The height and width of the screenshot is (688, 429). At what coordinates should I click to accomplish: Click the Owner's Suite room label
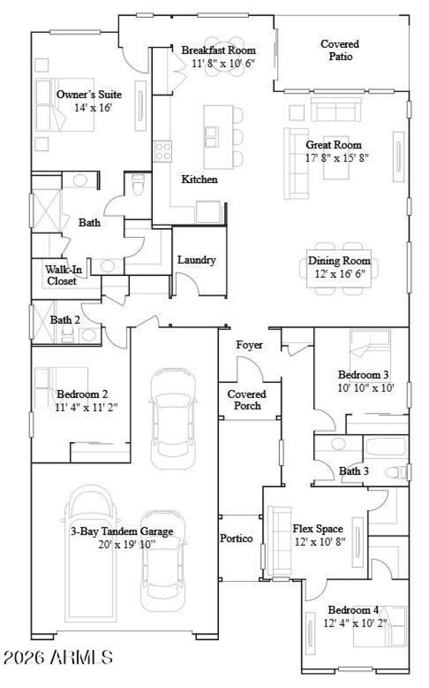pyautogui.click(x=89, y=95)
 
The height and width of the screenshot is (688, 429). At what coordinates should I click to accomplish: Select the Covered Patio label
pyautogui.click(x=340, y=50)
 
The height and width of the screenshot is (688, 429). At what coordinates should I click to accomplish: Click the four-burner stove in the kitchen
pyautogui.click(x=162, y=151)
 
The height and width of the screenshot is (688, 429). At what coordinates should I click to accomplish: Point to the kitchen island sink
pyautogui.click(x=211, y=137)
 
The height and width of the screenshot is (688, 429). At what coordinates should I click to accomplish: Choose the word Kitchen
pyautogui.click(x=199, y=179)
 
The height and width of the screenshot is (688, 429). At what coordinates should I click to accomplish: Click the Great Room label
pyautogui.click(x=334, y=145)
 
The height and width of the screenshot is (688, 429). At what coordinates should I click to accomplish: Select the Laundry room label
pyautogui.click(x=196, y=260)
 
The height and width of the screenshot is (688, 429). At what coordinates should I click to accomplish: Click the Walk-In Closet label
pyautogui.click(x=61, y=274)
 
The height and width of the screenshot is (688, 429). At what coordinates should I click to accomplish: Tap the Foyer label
pyautogui.click(x=249, y=345)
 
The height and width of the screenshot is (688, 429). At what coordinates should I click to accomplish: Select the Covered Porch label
pyautogui.click(x=247, y=400)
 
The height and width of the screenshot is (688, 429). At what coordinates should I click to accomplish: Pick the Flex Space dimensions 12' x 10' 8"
pyautogui.click(x=317, y=541)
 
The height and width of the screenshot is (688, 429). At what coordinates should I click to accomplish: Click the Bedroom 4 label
pyautogui.click(x=353, y=610)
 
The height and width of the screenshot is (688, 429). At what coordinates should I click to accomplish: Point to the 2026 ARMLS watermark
pyautogui.click(x=58, y=656)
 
